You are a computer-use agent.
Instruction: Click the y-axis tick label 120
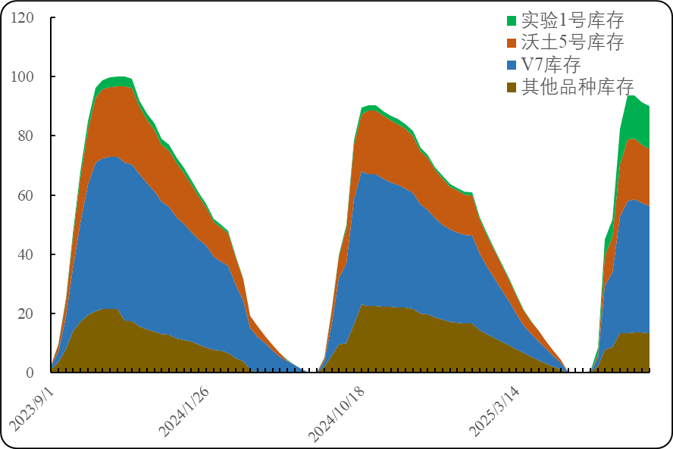click(x=23, y=17)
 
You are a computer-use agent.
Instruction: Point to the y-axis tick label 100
click(x=23, y=76)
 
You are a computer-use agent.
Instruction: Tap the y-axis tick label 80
click(x=26, y=136)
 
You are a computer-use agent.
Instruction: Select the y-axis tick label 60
click(x=26, y=195)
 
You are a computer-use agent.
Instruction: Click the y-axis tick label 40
click(x=26, y=254)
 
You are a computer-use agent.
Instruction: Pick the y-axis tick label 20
click(x=26, y=313)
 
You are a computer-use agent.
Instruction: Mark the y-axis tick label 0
click(x=30, y=373)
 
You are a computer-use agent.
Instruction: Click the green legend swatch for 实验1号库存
click(x=512, y=20)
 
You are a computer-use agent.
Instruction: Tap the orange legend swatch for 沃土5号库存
click(x=512, y=42)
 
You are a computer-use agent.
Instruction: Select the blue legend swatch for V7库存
click(x=512, y=64)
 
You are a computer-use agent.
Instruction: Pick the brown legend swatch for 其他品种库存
click(x=512, y=86)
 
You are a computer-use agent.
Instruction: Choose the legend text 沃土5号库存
click(x=572, y=42)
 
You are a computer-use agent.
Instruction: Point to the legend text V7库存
click(x=551, y=64)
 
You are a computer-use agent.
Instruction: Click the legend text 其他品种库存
click(x=578, y=86)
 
